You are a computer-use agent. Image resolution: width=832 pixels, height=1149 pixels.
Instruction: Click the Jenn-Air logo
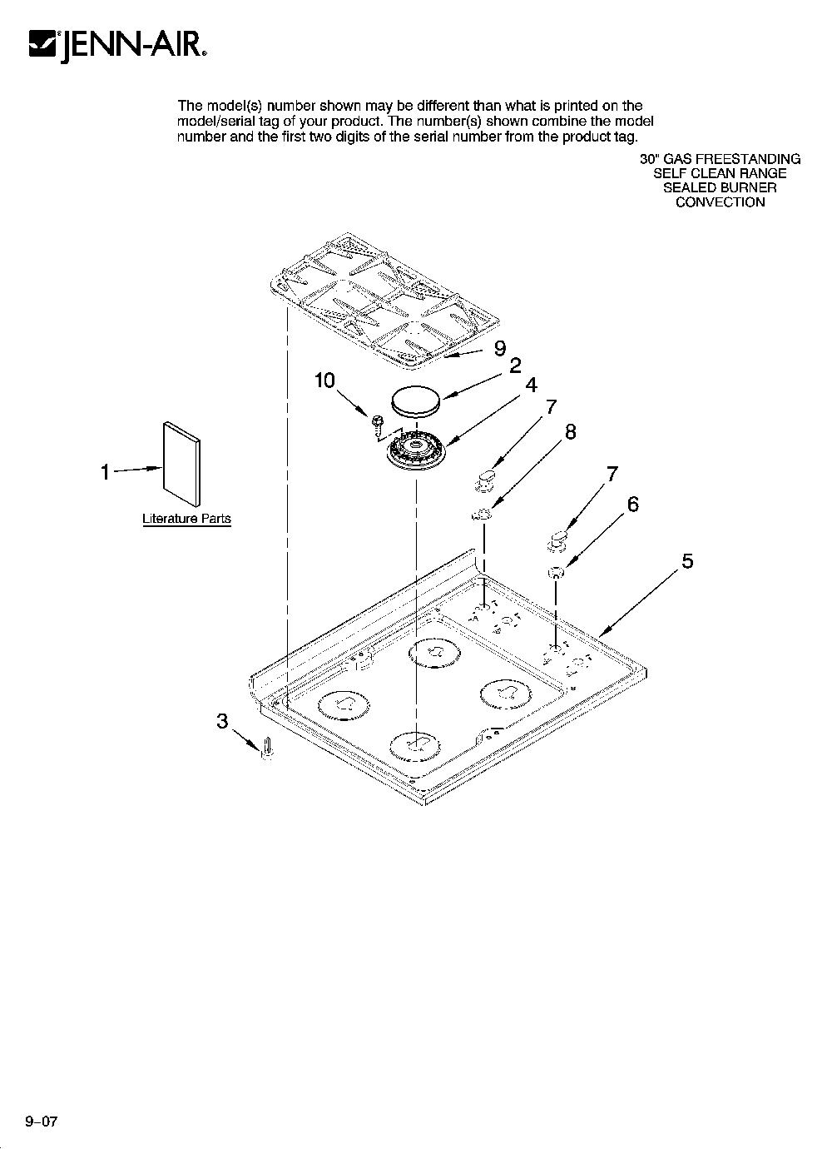pyautogui.click(x=118, y=46)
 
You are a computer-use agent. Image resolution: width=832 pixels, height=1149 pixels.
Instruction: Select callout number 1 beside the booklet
pyautogui.click(x=106, y=472)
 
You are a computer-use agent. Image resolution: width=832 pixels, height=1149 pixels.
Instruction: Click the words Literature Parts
pyautogui.click(x=186, y=519)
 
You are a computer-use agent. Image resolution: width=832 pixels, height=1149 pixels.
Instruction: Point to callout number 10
pyautogui.click(x=324, y=381)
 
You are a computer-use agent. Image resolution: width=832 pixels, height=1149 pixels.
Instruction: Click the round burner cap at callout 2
pyautogui.click(x=416, y=400)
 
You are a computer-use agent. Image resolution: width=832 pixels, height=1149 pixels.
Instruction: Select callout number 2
pyautogui.click(x=515, y=366)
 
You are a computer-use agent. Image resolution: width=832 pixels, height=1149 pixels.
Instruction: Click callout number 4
pyautogui.click(x=532, y=385)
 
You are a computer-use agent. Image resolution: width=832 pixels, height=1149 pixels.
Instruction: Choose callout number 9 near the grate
pyautogui.click(x=500, y=348)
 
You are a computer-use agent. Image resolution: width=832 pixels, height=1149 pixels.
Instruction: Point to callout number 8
pyautogui.click(x=570, y=432)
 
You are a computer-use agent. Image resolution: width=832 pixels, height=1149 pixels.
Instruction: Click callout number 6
pyautogui.click(x=633, y=505)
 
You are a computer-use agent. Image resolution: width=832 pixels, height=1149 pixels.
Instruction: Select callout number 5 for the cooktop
pyautogui.click(x=687, y=561)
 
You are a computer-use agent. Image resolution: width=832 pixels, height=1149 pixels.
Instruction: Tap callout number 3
pyautogui.click(x=222, y=721)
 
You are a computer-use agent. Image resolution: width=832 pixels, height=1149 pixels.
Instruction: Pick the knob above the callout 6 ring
pyautogui.click(x=557, y=542)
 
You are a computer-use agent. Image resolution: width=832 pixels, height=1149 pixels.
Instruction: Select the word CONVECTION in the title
pyautogui.click(x=720, y=202)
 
